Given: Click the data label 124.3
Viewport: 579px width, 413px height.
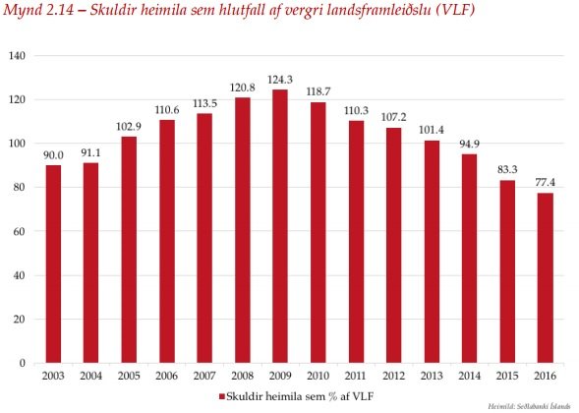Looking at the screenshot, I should tap(278, 80).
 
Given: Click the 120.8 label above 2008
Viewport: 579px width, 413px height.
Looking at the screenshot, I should tap(241, 88).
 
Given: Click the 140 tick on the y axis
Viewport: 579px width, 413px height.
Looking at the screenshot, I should tap(16, 55).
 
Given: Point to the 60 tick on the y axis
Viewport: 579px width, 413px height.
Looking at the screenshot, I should tap(19, 231).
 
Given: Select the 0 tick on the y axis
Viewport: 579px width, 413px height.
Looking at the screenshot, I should tap(22, 363).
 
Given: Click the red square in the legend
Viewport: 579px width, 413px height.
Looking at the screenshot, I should tap(224, 394).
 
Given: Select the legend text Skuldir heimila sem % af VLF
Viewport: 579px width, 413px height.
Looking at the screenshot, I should tap(298, 394).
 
